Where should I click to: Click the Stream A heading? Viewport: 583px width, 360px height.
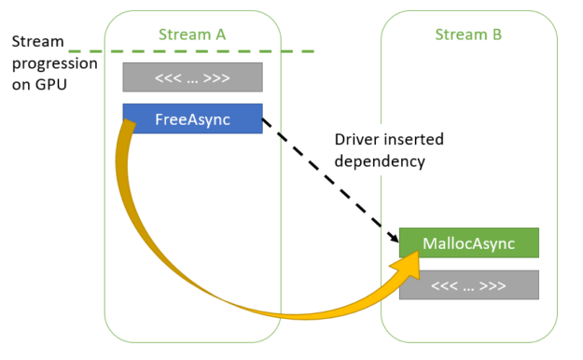(193, 35)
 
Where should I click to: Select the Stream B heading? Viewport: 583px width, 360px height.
(468, 35)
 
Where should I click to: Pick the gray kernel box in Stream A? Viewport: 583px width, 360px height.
(192, 76)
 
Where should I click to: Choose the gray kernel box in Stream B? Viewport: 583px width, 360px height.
(468, 285)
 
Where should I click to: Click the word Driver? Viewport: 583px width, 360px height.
(355, 140)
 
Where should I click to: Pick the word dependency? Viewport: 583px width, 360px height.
(379, 160)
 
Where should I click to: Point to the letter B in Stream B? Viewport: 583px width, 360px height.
(497, 35)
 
